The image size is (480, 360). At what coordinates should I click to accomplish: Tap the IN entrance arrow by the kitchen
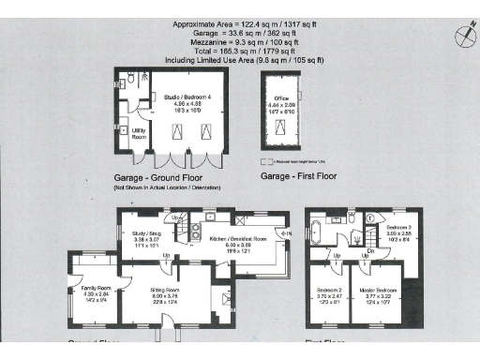tap(287, 233)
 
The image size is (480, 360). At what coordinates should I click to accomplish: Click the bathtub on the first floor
tap(327, 228)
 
